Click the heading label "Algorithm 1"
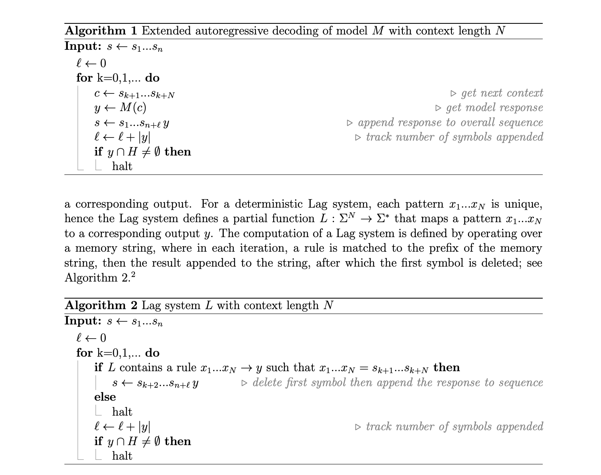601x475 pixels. tap(95, 31)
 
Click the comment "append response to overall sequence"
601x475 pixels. tap(450, 123)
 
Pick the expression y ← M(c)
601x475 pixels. tap(120, 108)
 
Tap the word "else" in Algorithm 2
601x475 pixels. tap(105, 397)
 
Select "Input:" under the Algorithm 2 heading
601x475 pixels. tap(83, 321)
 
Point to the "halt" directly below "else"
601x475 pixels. tap(122, 412)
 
